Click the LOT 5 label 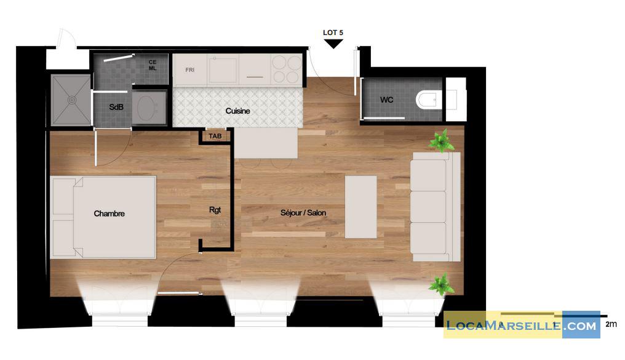pyautogui.click(x=333, y=33)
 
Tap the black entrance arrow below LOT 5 pyautogui.click(x=333, y=44)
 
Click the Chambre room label pyautogui.click(x=109, y=214)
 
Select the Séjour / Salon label pyautogui.click(x=303, y=213)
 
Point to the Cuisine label pyautogui.click(x=237, y=111)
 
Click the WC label pyautogui.click(x=387, y=100)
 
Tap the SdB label pyautogui.click(x=116, y=107)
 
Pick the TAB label pyautogui.click(x=215, y=137)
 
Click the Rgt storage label pyautogui.click(x=215, y=210)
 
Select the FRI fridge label pyautogui.click(x=189, y=70)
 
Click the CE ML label pyautogui.click(x=153, y=65)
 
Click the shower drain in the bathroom pyautogui.click(x=72, y=100)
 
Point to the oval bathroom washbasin pyautogui.click(x=146, y=108)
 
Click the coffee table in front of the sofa pyautogui.click(x=360, y=207)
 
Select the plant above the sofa pyautogui.click(x=441, y=140)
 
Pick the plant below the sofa pyautogui.click(x=441, y=284)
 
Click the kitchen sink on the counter pyautogui.click(x=223, y=70)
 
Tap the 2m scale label pyautogui.click(x=611, y=324)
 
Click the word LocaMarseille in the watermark pyautogui.click(x=504, y=326)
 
